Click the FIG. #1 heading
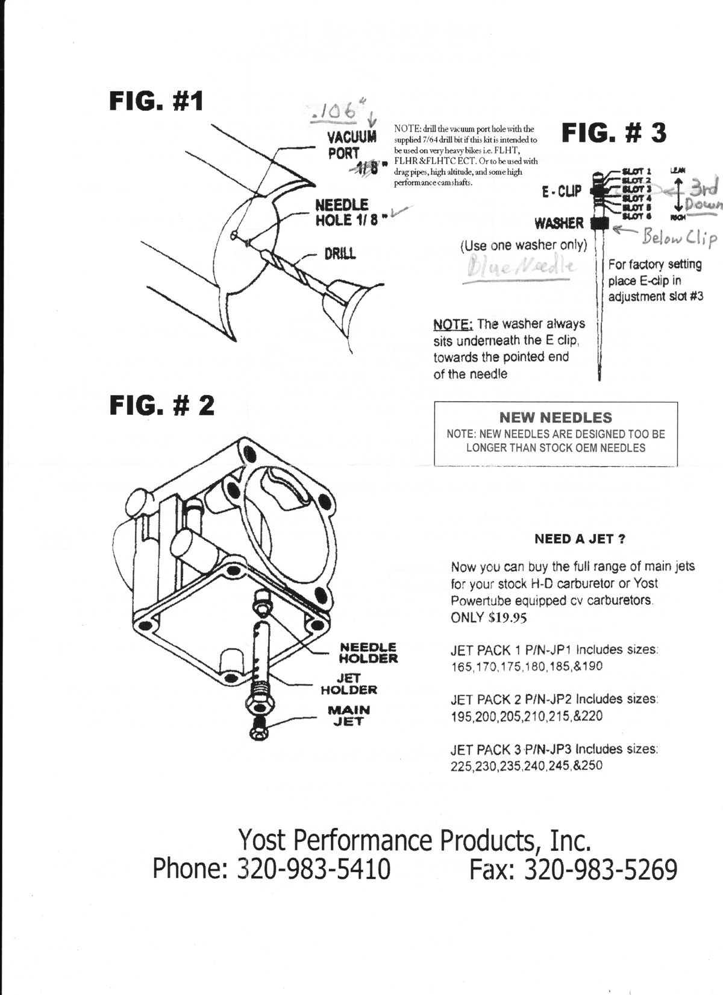click(156, 101)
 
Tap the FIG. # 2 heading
click(161, 405)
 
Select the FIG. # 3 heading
click(614, 133)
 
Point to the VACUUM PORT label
click(352, 145)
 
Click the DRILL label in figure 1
click(340, 253)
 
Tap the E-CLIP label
click(562, 192)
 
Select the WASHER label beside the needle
click(559, 224)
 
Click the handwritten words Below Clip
click(679, 238)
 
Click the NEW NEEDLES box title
click(555, 417)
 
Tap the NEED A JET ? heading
click(580, 539)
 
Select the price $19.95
click(493, 617)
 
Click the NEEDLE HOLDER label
click(368, 652)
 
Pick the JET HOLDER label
click(348, 684)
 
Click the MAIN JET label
click(348, 715)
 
